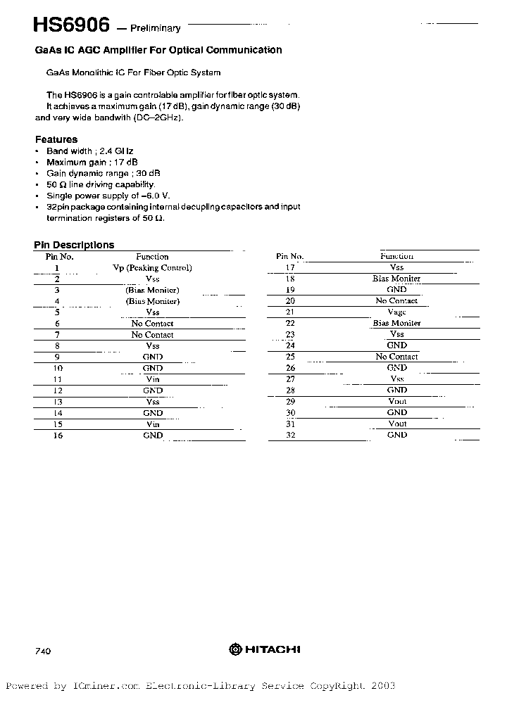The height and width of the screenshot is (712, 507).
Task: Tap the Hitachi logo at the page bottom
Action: point(265,649)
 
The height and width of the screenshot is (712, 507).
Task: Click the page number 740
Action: point(42,651)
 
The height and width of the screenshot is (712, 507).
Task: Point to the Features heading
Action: point(56,139)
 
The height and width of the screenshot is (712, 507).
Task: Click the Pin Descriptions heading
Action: point(74,245)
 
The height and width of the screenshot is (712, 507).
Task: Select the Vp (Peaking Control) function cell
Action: point(152,268)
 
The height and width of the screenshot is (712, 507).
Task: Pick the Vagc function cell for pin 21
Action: point(396,312)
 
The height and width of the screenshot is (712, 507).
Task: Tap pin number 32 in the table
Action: point(289,436)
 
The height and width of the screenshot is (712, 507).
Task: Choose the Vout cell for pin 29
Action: point(397,402)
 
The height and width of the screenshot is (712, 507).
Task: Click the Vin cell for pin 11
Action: point(152,379)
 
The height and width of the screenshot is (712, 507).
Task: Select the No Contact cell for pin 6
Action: point(152,324)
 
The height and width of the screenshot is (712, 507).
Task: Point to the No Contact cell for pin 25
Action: point(396,357)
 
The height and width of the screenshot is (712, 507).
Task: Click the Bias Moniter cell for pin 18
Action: point(396,279)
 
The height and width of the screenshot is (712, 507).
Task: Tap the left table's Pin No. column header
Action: point(59,257)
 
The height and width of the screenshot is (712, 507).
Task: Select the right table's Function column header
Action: point(396,257)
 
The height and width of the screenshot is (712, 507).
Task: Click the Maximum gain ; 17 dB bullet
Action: point(92,162)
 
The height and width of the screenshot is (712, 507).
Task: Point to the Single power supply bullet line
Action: point(108,196)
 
